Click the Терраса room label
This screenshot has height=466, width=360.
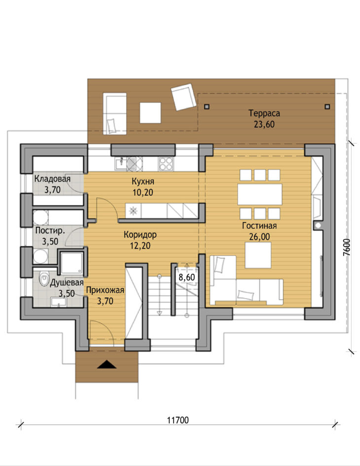(x=264, y=113)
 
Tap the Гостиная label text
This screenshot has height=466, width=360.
(x=259, y=226)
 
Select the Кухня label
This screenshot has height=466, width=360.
(x=143, y=181)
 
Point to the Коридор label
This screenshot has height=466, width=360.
(x=140, y=235)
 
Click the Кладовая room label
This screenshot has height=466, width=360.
(x=52, y=179)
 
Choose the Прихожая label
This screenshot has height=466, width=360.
(x=105, y=290)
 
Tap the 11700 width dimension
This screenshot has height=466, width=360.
(x=178, y=420)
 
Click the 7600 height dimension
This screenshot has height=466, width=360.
(x=347, y=247)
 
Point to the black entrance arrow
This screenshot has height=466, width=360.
(x=107, y=364)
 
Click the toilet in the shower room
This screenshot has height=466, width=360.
(x=44, y=279)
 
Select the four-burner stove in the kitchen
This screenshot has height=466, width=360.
(x=166, y=163)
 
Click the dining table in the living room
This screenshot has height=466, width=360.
(x=259, y=194)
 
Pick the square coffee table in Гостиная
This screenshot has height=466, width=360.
(x=258, y=255)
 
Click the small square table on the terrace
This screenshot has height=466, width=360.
(x=150, y=112)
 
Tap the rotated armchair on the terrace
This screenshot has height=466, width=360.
(x=184, y=97)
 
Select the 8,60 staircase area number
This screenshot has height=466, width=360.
(x=187, y=278)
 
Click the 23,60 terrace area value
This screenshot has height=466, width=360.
(x=264, y=125)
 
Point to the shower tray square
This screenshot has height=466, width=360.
(x=72, y=263)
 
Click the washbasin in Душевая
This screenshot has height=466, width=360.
(x=59, y=302)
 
